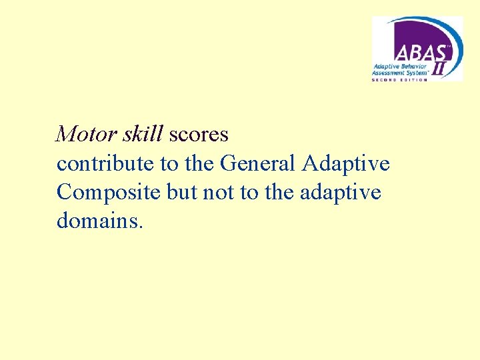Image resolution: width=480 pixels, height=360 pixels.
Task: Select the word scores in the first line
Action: click(x=199, y=135)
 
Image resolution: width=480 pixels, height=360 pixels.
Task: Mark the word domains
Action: click(x=97, y=221)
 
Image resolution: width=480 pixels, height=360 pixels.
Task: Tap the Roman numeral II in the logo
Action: click(x=441, y=67)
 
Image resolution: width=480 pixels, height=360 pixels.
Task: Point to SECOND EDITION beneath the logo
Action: click(x=401, y=79)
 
